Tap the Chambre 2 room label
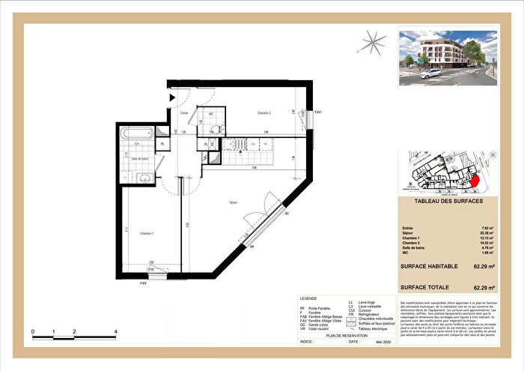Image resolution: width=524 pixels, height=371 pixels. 259,112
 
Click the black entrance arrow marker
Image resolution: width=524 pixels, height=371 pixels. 171,97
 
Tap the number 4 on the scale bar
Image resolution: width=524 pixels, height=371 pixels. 115,331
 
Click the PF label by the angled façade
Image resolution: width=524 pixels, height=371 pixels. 252,246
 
